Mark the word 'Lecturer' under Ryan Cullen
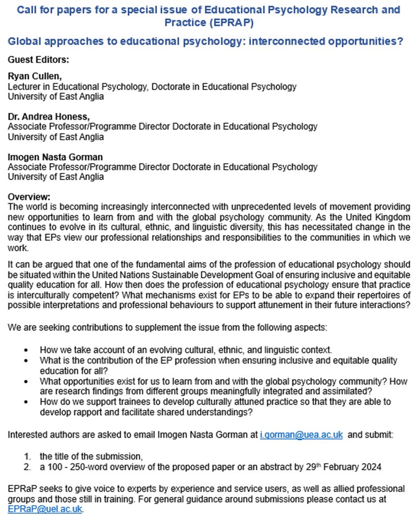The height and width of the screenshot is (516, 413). tap(23, 86)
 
